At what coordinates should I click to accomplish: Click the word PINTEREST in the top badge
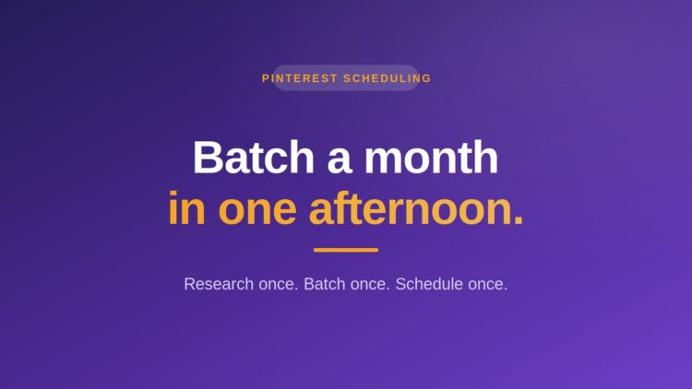[300, 78]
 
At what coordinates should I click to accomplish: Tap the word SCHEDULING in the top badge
[387, 78]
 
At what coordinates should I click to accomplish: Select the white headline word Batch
[254, 158]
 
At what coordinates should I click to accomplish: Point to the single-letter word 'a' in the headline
[339, 162]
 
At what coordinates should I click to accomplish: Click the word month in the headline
[431, 158]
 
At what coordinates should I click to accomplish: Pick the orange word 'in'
[186, 207]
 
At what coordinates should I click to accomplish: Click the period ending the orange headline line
[519, 219]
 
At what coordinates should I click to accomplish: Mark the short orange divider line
[346, 250]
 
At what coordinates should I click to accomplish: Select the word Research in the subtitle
[219, 284]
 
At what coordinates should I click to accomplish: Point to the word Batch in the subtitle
[325, 284]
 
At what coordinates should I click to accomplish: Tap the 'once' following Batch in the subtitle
[370, 285]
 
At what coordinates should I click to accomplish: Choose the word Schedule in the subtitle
[429, 284]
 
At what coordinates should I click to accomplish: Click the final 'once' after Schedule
[488, 285]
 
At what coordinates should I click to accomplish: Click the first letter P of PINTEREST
[265, 78]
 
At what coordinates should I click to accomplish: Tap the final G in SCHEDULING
[427, 78]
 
